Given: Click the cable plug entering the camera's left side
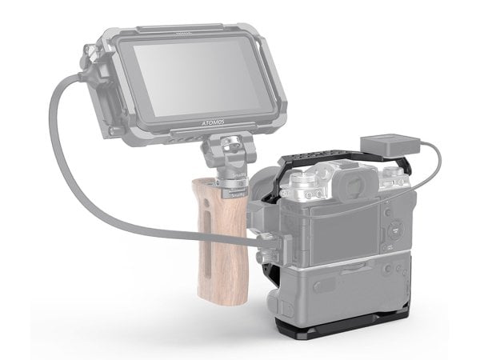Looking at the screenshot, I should point(264,238).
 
